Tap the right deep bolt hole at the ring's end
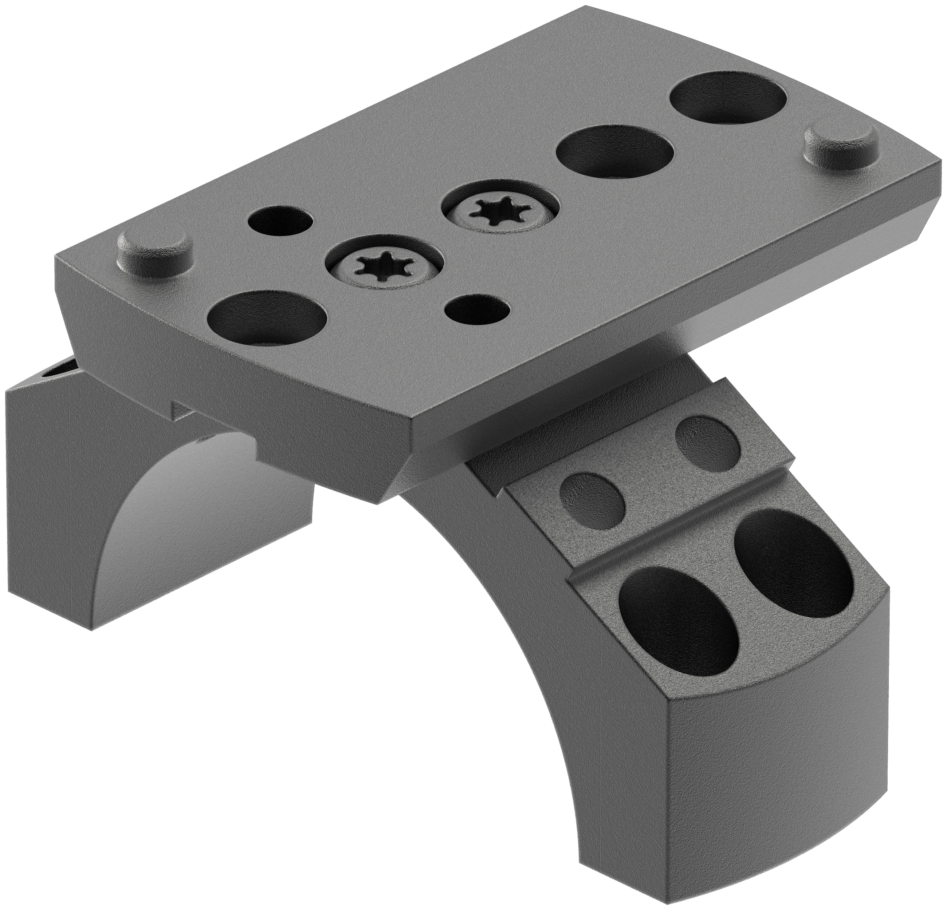[793, 556]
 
